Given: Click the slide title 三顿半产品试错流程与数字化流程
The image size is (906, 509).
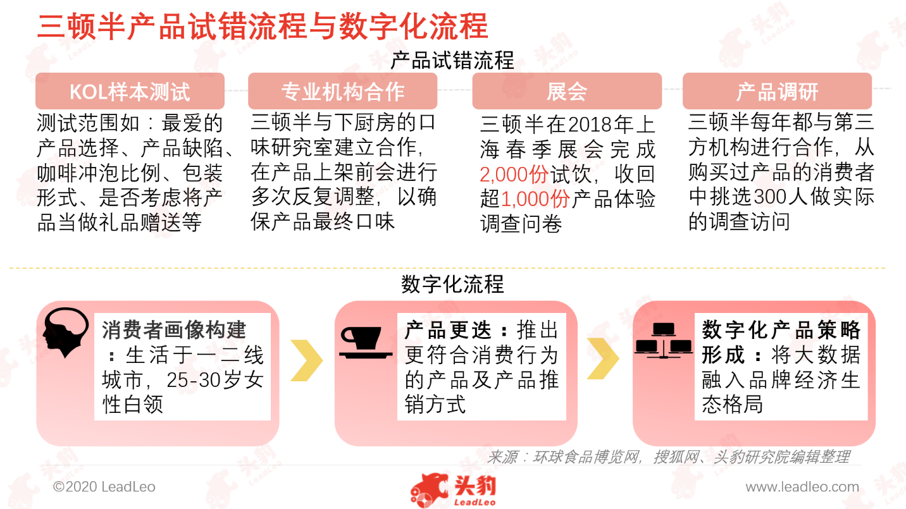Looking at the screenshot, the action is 263,27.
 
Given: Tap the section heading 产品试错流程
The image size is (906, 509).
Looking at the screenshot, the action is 452,61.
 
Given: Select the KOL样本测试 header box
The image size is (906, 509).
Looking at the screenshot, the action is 130,91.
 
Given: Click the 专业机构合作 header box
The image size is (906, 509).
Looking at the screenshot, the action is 342,91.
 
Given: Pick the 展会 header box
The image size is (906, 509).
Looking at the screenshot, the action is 567,91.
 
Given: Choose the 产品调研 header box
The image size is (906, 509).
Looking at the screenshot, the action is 777,91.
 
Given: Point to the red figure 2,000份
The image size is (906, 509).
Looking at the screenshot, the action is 514,175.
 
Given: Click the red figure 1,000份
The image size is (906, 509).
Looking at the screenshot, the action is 535,199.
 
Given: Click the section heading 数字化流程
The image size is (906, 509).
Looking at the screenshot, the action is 452,284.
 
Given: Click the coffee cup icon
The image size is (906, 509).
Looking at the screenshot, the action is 366,342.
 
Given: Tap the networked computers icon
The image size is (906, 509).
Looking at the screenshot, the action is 663,341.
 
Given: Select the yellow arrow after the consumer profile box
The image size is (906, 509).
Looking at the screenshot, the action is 307,360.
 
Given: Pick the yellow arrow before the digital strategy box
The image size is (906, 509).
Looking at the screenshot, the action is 603,359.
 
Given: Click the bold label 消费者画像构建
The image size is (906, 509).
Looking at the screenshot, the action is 173,330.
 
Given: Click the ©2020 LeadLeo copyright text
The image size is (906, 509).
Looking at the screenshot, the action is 104,486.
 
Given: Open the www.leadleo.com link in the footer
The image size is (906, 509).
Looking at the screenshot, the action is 802,487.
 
